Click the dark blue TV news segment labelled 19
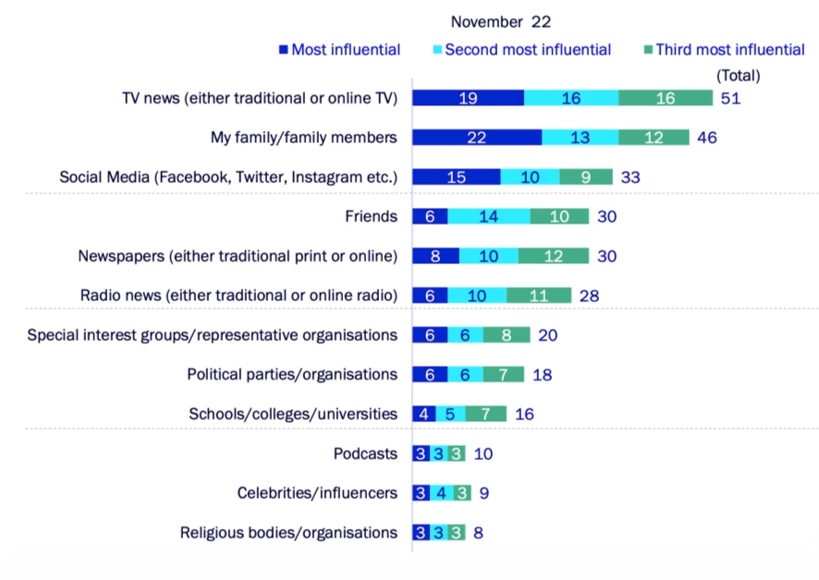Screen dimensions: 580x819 pyautogui.click(x=468, y=99)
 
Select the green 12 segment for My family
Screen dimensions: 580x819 pyautogui.click(x=654, y=138)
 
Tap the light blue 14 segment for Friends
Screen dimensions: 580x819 pyautogui.click(x=489, y=216)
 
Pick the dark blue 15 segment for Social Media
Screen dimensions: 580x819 pyautogui.click(x=456, y=177)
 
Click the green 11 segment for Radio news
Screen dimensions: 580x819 pyautogui.click(x=539, y=296)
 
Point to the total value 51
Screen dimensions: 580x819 pyautogui.click(x=730, y=99)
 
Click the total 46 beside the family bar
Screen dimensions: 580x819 pyautogui.click(x=707, y=138)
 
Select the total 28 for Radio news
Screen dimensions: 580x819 pyautogui.click(x=589, y=296)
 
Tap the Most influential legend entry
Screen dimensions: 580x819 pyautogui.click(x=339, y=50)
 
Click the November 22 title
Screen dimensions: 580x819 pyautogui.click(x=500, y=20)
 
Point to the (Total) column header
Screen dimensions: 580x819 pyautogui.click(x=738, y=75)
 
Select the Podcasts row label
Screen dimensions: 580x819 pyautogui.click(x=365, y=453)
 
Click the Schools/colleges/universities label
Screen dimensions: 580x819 pyautogui.click(x=293, y=414)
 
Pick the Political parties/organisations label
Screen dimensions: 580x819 pyautogui.click(x=292, y=374)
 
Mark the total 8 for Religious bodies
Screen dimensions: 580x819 pyautogui.click(x=478, y=533)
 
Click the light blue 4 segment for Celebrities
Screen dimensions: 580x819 pyautogui.click(x=441, y=493)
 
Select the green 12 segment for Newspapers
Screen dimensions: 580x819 pyautogui.click(x=553, y=256)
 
